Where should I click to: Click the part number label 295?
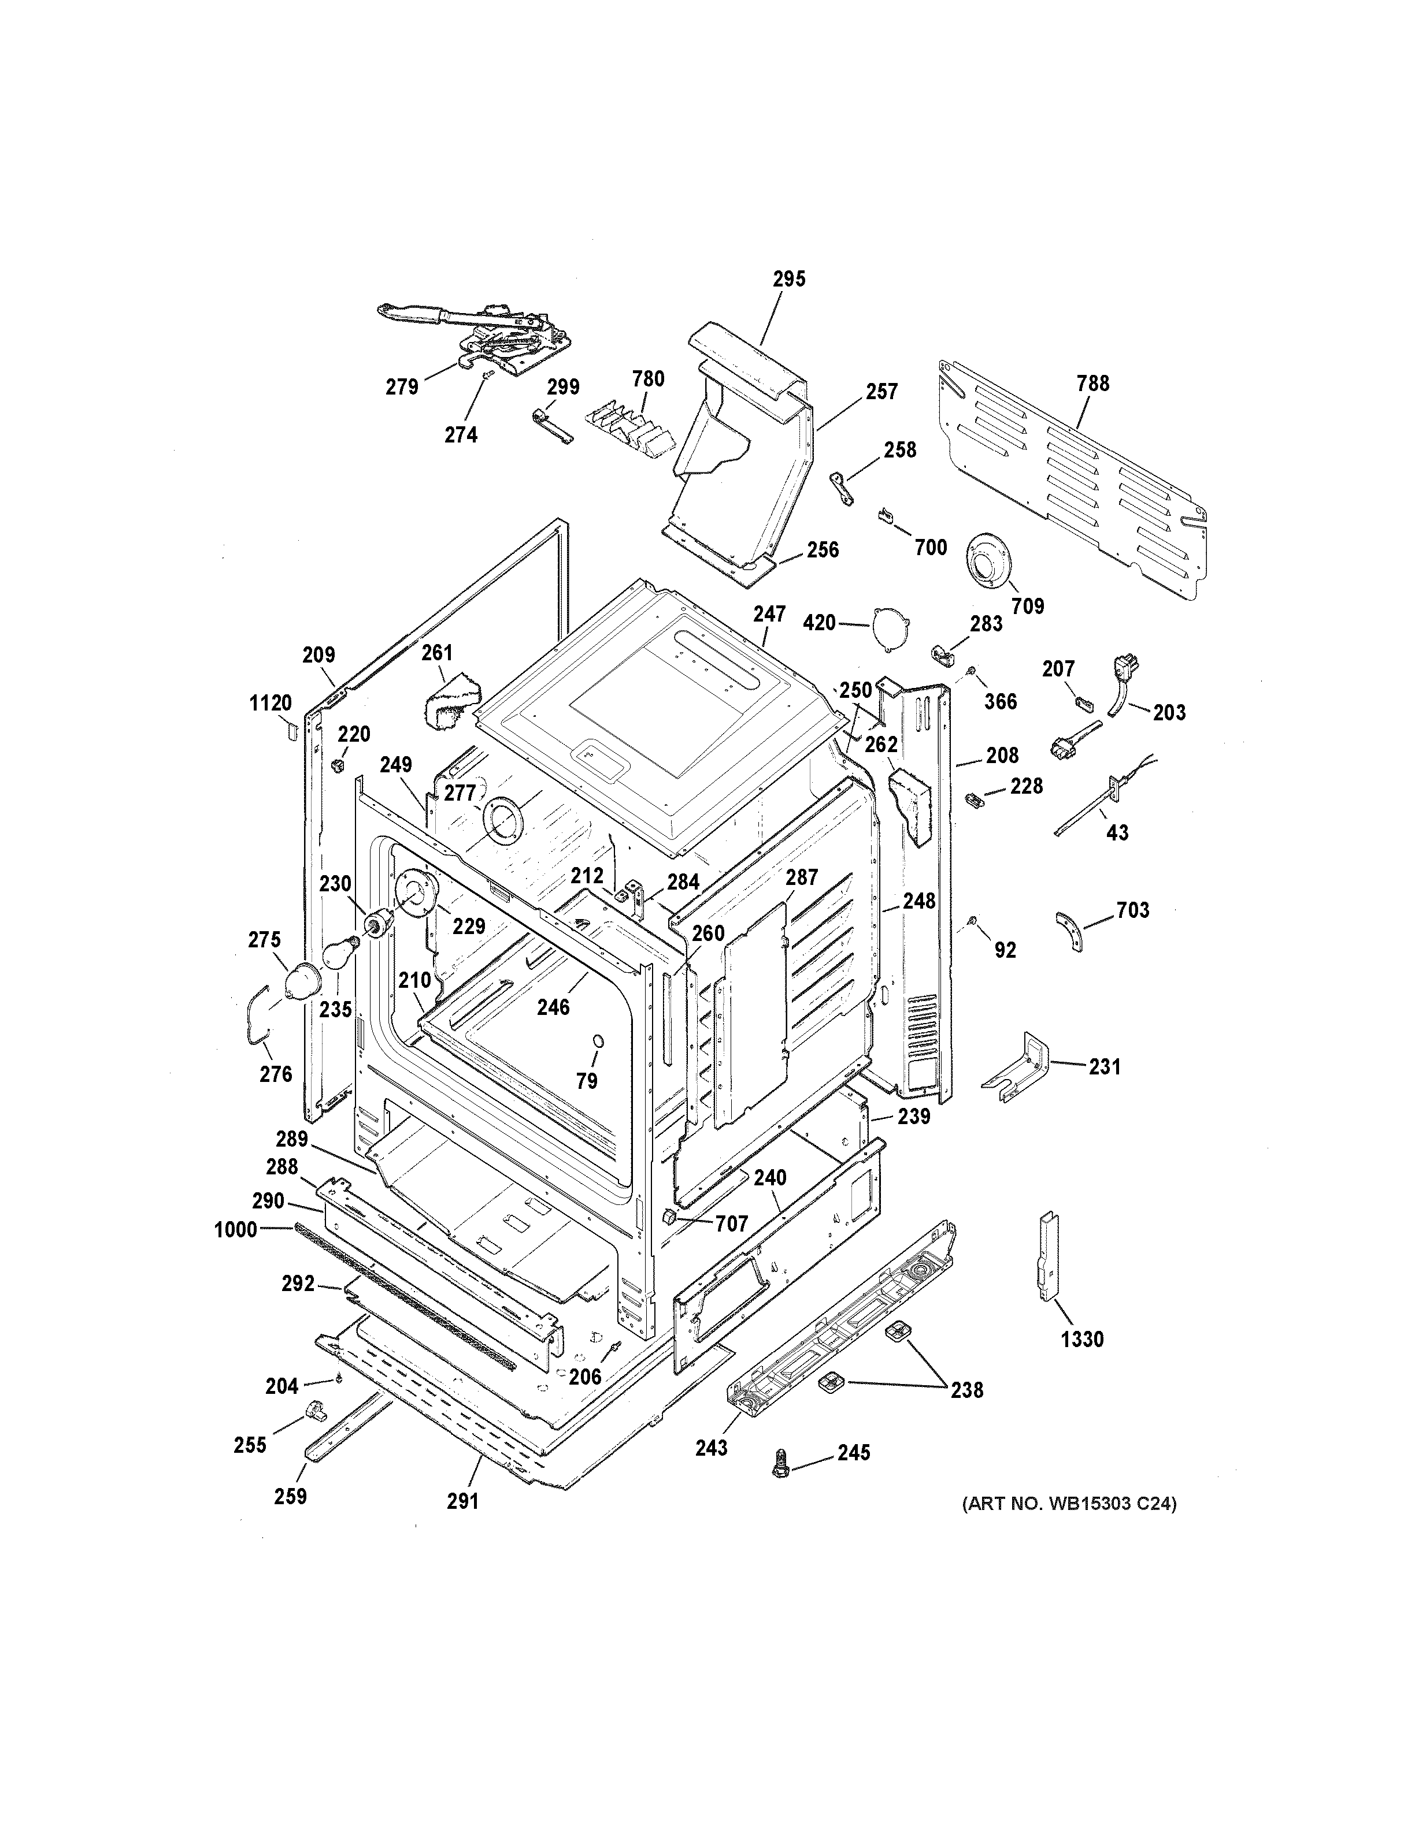pos(789,279)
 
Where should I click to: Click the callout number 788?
pos(1092,383)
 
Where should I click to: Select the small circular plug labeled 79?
pos(598,1041)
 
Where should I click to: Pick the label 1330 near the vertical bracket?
pos(1081,1339)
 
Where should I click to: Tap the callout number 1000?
pos(236,1230)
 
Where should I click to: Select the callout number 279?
pos(402,387)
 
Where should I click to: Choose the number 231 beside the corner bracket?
pos(1104,1067)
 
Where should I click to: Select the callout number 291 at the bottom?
pos(462,1501)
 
